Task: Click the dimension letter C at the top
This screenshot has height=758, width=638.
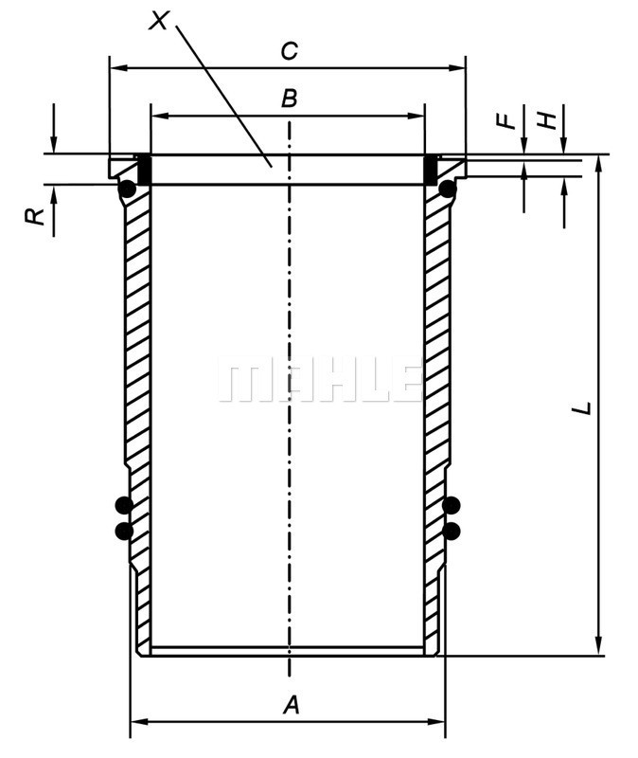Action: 290,51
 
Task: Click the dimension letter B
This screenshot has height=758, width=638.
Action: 290,98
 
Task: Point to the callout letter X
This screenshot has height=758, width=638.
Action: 160,20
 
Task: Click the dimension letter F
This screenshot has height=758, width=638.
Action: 506,120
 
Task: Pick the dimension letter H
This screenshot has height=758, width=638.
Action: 546,120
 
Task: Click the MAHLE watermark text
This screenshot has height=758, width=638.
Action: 319,380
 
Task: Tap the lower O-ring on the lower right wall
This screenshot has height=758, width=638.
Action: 452,530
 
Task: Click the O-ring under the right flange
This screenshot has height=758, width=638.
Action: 447,189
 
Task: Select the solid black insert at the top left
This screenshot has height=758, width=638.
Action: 145,170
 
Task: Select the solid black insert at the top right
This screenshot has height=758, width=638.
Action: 430,170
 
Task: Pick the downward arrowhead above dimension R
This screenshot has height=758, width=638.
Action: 54,146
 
